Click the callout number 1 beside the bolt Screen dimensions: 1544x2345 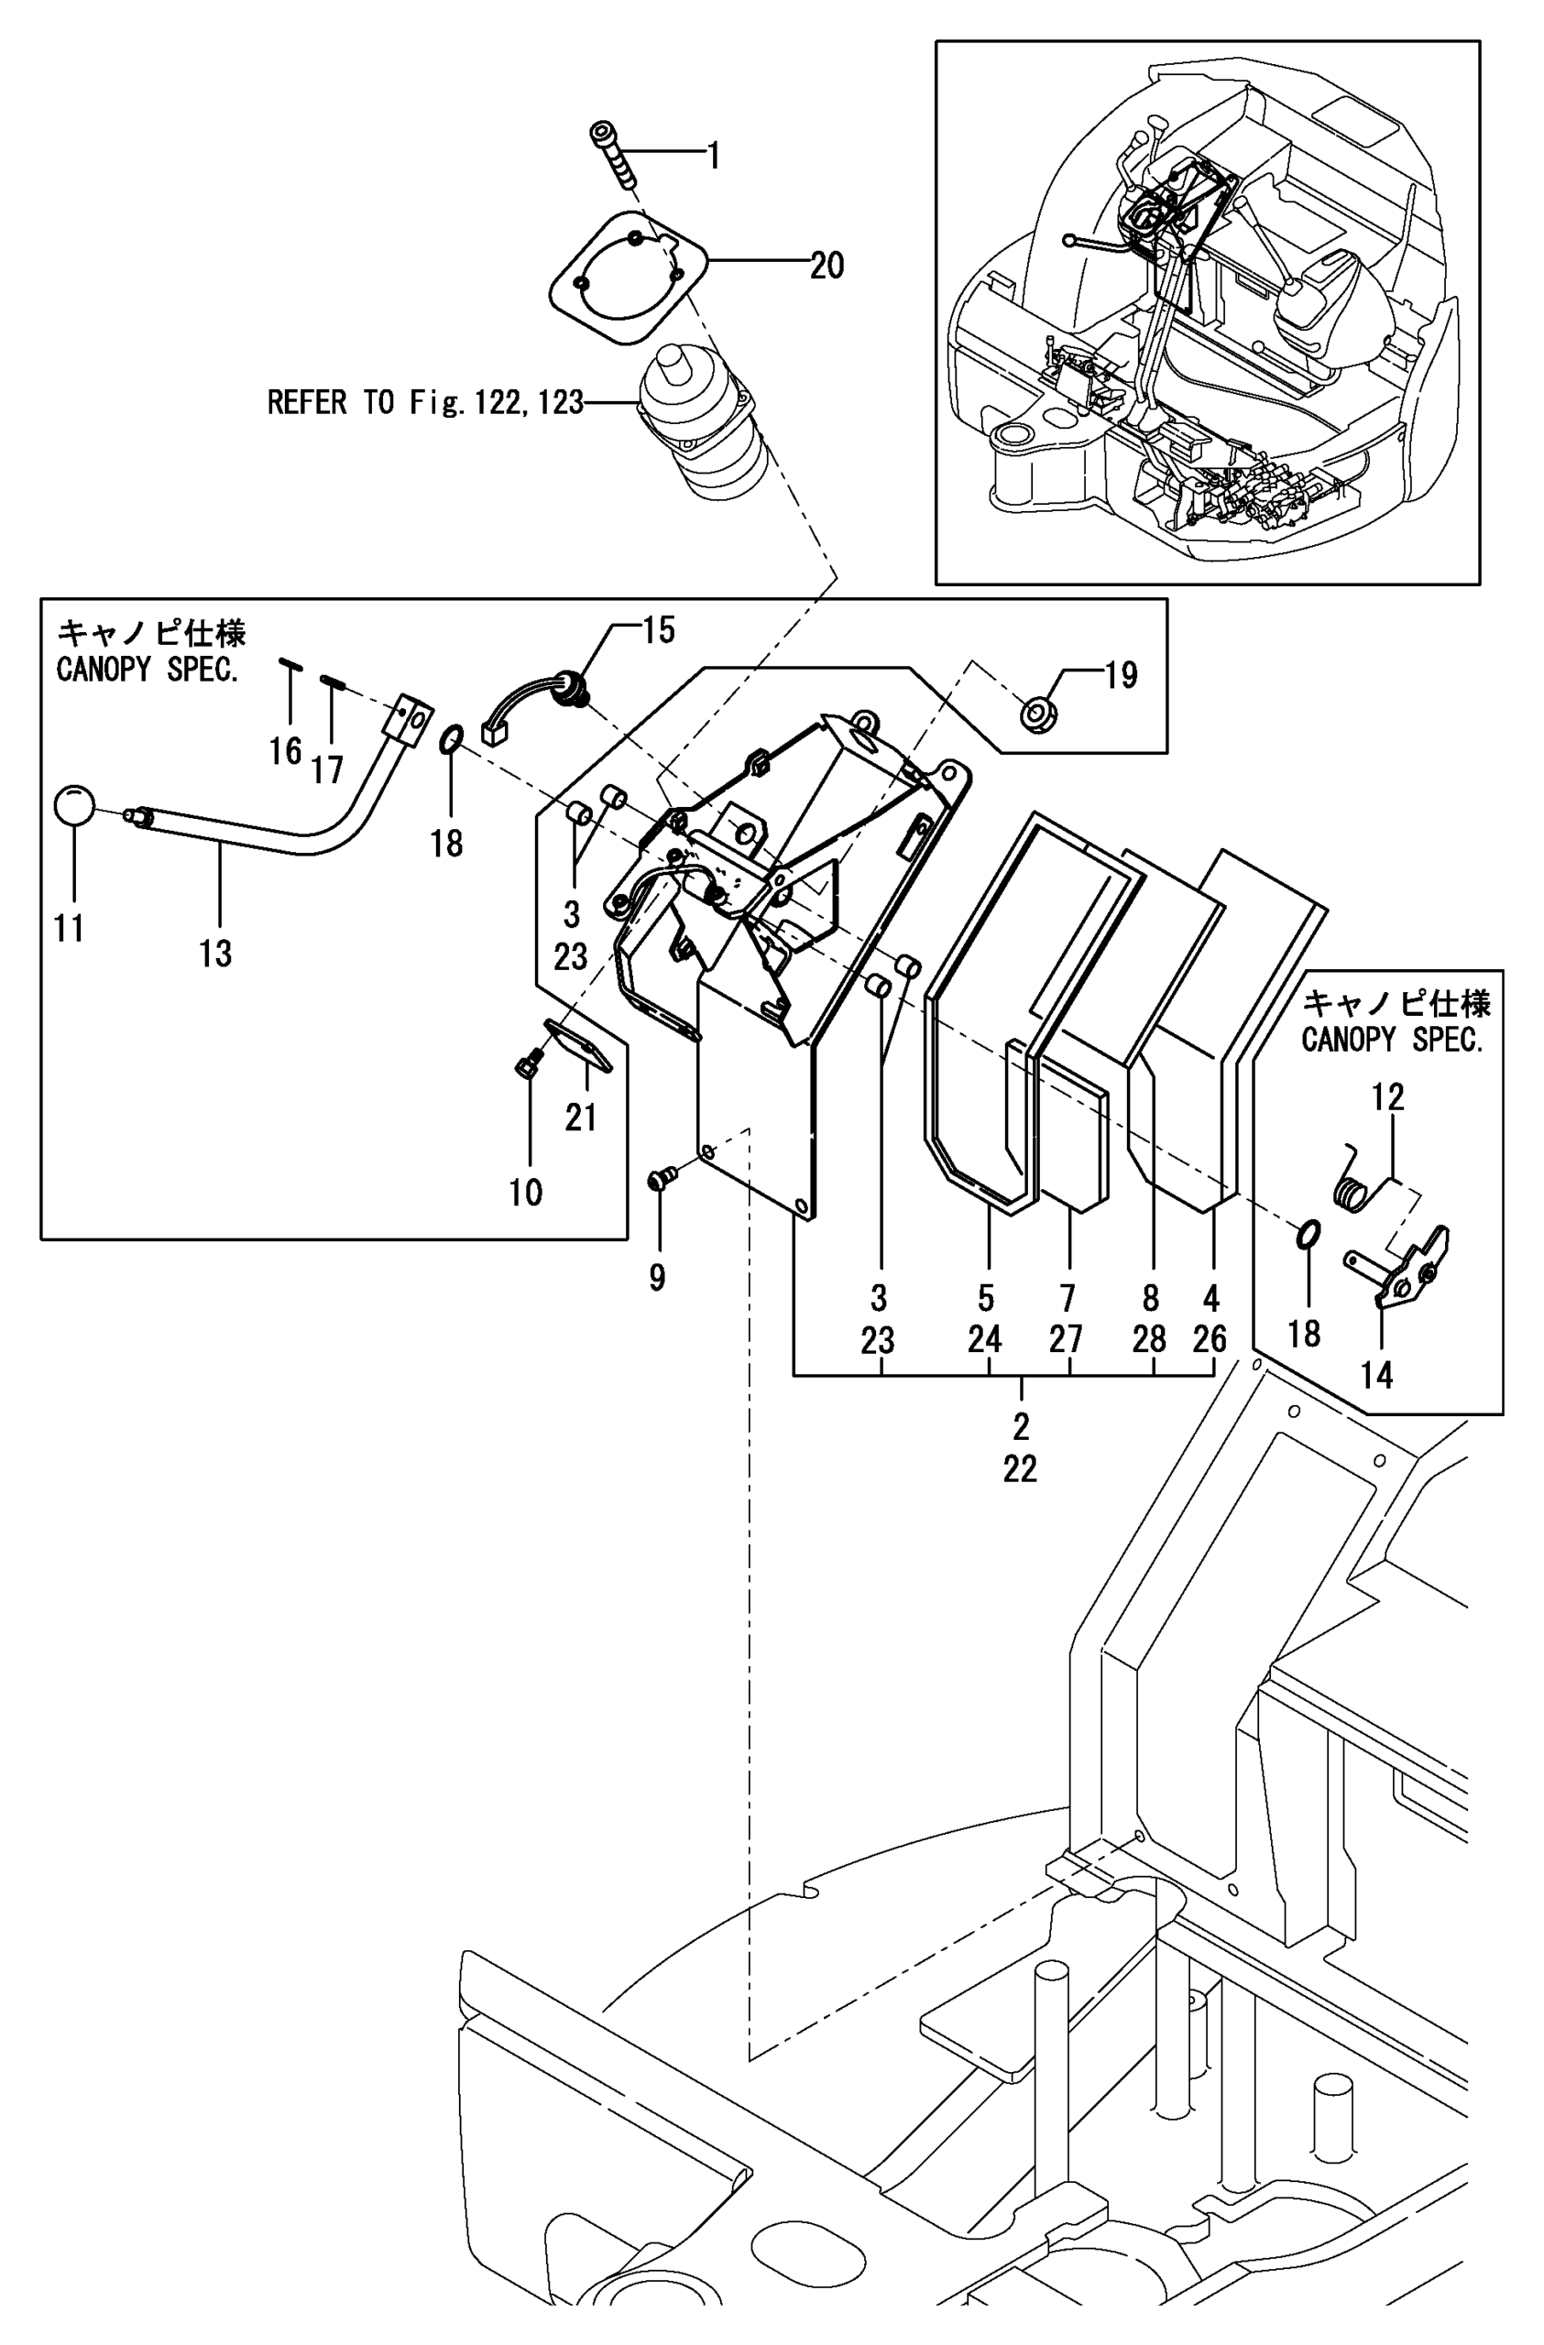coord(714,156)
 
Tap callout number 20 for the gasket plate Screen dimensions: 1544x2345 coord(827,265)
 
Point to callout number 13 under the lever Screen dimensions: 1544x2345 coord(214,953)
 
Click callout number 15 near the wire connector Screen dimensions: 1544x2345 coord(658,629)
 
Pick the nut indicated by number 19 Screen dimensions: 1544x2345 coord(1035,714)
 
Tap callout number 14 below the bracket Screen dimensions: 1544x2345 coord(1376,1375)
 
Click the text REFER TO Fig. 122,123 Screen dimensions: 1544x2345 coord(426,402)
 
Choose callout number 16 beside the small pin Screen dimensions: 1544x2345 coord(286,751)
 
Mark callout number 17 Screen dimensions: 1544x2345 coord(327,769)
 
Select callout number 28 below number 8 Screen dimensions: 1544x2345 coord(1149,1339)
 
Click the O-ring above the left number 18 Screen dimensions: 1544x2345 coord(448,739)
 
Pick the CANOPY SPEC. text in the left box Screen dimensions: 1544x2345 coord(148,669)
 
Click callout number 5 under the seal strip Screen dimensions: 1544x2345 coord(985,1297)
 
